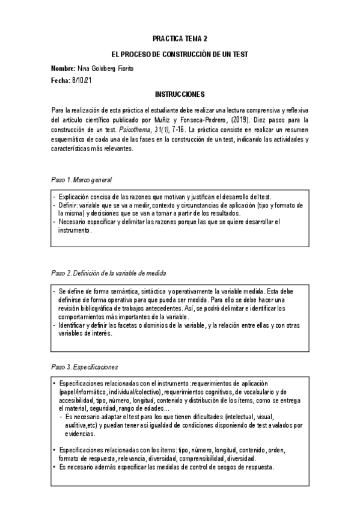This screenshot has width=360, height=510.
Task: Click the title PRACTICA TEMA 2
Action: pyautogui.click(x=180, y=38)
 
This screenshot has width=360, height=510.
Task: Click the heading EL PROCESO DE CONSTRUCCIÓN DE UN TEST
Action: pyautogui.click(x=180, y=54)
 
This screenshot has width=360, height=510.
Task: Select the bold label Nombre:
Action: pyautogui.click(x=63, y=68)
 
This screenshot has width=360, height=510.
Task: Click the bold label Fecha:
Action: pyautogui.click(x=61, y=80)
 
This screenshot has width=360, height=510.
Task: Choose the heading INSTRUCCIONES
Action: pyautogui.click(x=180, y=94)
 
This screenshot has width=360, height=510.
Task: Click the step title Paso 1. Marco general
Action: pyautogui.click(x=81, y=180)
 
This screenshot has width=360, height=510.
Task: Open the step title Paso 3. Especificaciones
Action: pyautogui.click(x=84, y=366)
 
